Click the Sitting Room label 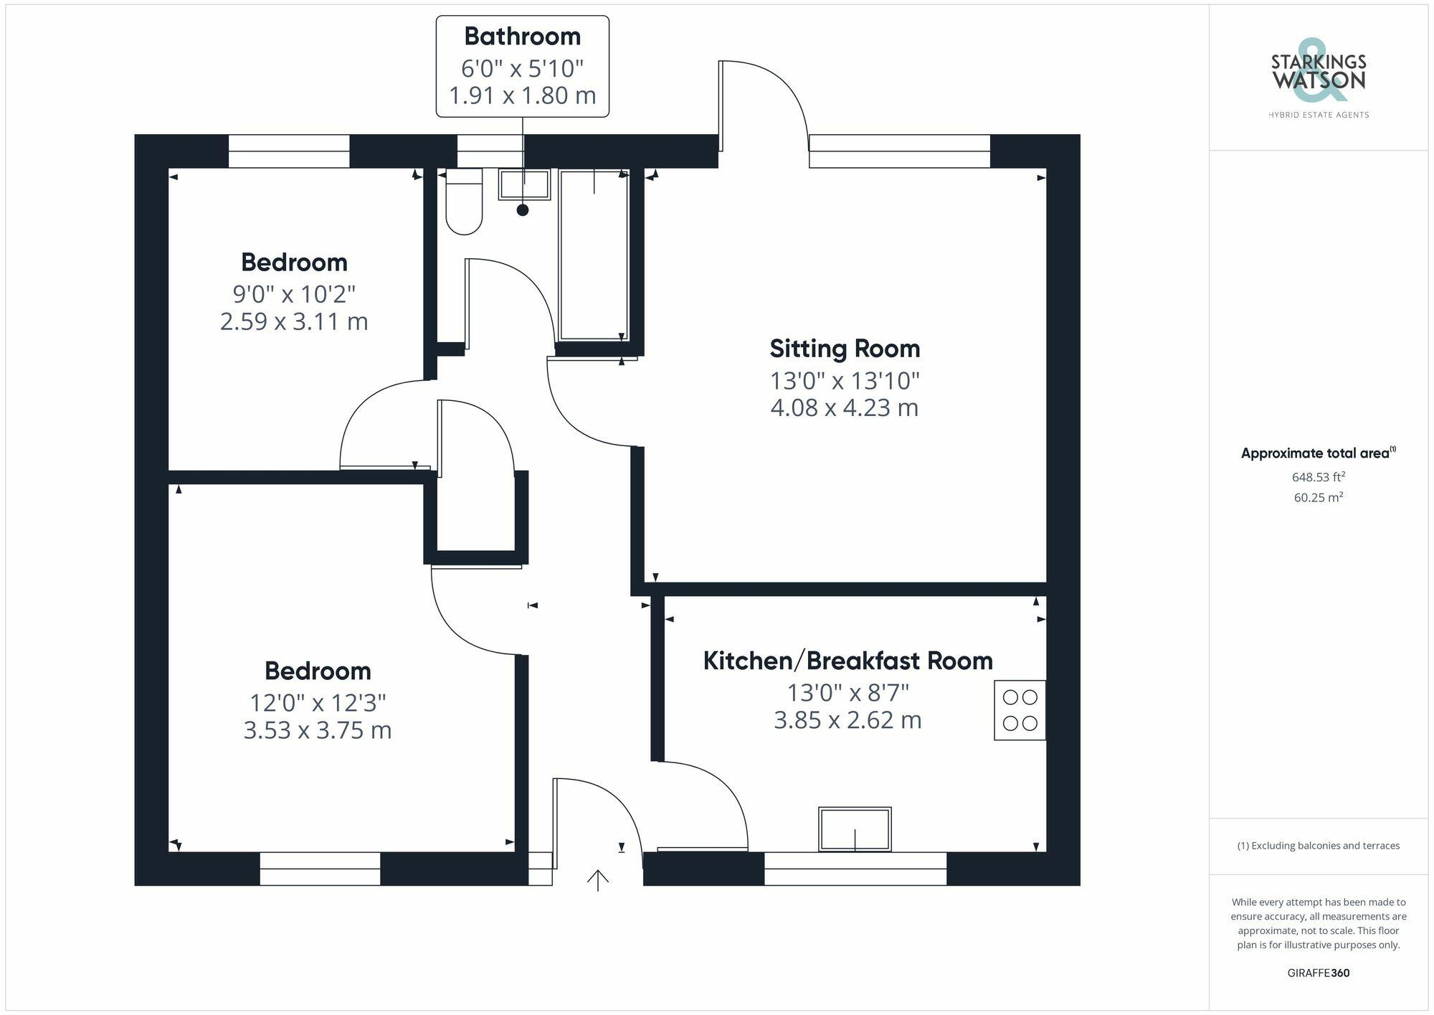click(x=845, y=349)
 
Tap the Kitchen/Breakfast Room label click(x=847, y=661)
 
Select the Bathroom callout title click(x=522, y=36)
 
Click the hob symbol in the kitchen click(x=1020, y=710)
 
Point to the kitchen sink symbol click(x=855, y=829)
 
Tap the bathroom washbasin click(x=524, y=184)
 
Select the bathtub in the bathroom click(x=594, y=255)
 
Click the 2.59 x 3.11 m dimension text click(x=294, y=321)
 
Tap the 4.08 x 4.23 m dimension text click(x=845, y=407)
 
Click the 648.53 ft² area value click(x=1318, y=477)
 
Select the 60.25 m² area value click(x=1318, y=497)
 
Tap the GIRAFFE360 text click(x=1318, y=973)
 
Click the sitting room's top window click(x=899, y=151)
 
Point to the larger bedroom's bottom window click(x=320, y=869)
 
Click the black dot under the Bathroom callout click(x=523, y=210)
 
